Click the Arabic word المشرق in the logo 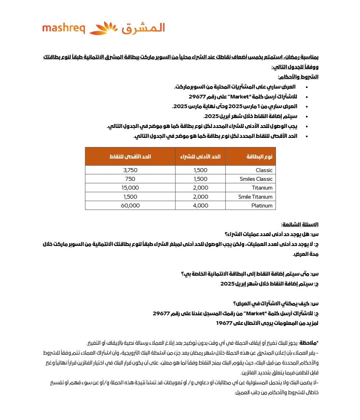coord(143,28)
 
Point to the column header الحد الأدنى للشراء coord(201,157)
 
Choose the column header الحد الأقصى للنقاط coord(130,157)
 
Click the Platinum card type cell coord(262,206)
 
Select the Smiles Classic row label coord(256,179)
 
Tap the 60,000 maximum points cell coord(130,206)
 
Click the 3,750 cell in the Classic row coord(130,170)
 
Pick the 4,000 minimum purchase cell coord(201,206)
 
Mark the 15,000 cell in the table coord(130,188)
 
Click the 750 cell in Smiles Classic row coord(130,179)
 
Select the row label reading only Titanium coord(262,188)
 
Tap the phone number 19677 coord(225,323)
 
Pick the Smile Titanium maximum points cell coord(130,197)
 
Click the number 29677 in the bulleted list coord(197,97)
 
